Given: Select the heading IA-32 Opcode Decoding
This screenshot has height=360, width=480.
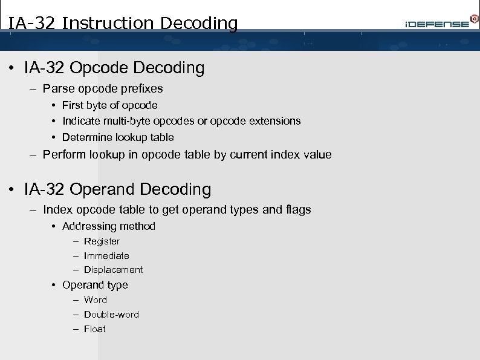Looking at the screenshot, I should click(x=114, y=68).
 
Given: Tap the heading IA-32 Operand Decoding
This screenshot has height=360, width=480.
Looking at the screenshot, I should click(x=117, y=189).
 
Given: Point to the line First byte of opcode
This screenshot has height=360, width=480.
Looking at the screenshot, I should click(x=109, y=105).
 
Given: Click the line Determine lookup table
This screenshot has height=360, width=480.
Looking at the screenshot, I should click(x=118, y=137).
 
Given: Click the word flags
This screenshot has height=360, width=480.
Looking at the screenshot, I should click(x=296, y=209).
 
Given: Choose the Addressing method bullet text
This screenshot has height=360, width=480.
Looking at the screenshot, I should click(x=109, y=226).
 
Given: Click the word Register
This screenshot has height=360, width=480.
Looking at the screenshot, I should click(x=102, y=241).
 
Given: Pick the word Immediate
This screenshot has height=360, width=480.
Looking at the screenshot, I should click(x=106, y=256).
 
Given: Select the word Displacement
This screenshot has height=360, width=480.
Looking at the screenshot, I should click(x=114, y=270).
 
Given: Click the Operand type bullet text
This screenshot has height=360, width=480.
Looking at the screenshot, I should click(x=95, y=285).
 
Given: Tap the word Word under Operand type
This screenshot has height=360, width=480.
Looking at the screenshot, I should click(x=96, y=300).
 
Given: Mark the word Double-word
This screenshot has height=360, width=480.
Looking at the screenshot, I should click(x=111, y=315).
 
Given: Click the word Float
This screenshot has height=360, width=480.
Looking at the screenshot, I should click(x=95, y=329).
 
